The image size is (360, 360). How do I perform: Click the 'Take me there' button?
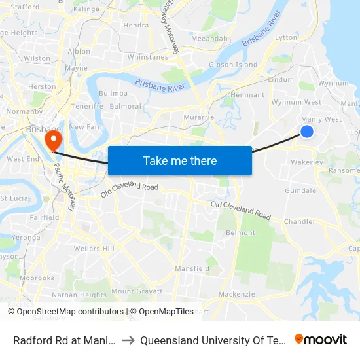click(x=180, y=160)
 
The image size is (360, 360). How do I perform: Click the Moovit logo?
click(x=321, y=339)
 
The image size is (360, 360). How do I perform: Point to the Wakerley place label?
click(x=307, y=162)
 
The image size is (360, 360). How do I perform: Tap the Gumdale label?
click(x=300, y=190)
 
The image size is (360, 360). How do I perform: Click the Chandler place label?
click(x=300, y=221)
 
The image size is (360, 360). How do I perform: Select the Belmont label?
click(x=240, y=232)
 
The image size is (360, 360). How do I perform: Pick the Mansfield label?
click(x=192, y=268)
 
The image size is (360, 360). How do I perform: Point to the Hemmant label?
click(x=248, y=95)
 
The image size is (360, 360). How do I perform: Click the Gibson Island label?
click(x=232, y=65)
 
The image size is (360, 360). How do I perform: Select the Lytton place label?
click(x=286, y=38)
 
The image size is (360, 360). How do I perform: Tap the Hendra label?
click(x=136, y=26)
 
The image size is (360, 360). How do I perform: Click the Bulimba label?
click(x=113, y=94)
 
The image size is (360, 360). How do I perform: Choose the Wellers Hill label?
click(x=94, y=249)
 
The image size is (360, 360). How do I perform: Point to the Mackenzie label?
click(x=236, y=294)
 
